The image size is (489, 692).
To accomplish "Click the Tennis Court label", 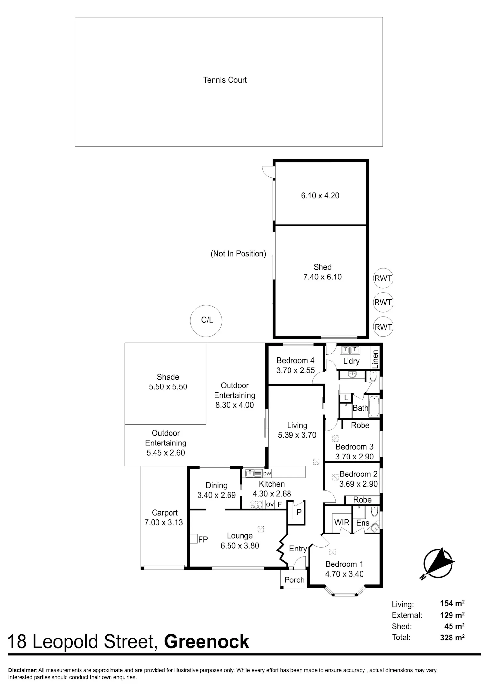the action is click(x=225, y=80).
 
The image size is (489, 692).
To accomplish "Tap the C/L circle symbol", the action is click(x=206, y=321).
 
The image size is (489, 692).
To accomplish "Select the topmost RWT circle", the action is click(x=383, y=278).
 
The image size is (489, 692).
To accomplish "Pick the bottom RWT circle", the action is click(x=383, y=327).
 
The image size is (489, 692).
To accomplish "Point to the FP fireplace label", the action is click(x=203, y=540).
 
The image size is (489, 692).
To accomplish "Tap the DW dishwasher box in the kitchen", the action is click(x=267, y=474).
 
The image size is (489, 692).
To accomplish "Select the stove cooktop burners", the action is click(x=256, y=504).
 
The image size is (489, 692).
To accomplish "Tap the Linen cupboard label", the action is click(x=376, y=359).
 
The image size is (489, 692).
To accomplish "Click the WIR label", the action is click(x=342, y=522).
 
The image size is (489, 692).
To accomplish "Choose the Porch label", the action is click(x=294, y=580).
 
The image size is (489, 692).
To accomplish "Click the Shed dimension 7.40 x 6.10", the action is click(x=322, y=277).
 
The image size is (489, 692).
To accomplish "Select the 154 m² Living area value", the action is click(x=452, y=604).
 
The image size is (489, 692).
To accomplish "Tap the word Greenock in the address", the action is click(x=207, y=642).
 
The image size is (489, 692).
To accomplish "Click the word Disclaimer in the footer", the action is click(x=22, y=670).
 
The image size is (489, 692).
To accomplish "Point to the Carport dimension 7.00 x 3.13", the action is click(x=164, y=522).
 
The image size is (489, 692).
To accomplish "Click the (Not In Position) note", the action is click(x=238, y=254).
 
